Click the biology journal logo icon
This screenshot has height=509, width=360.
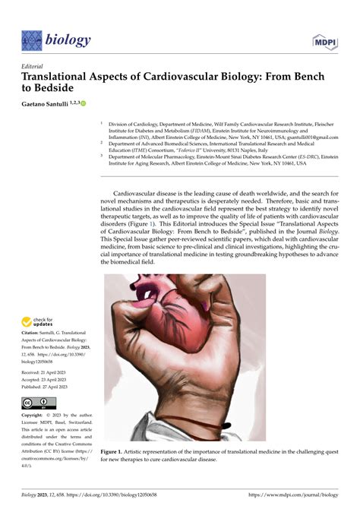32,40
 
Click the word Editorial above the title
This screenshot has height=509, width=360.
35,66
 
